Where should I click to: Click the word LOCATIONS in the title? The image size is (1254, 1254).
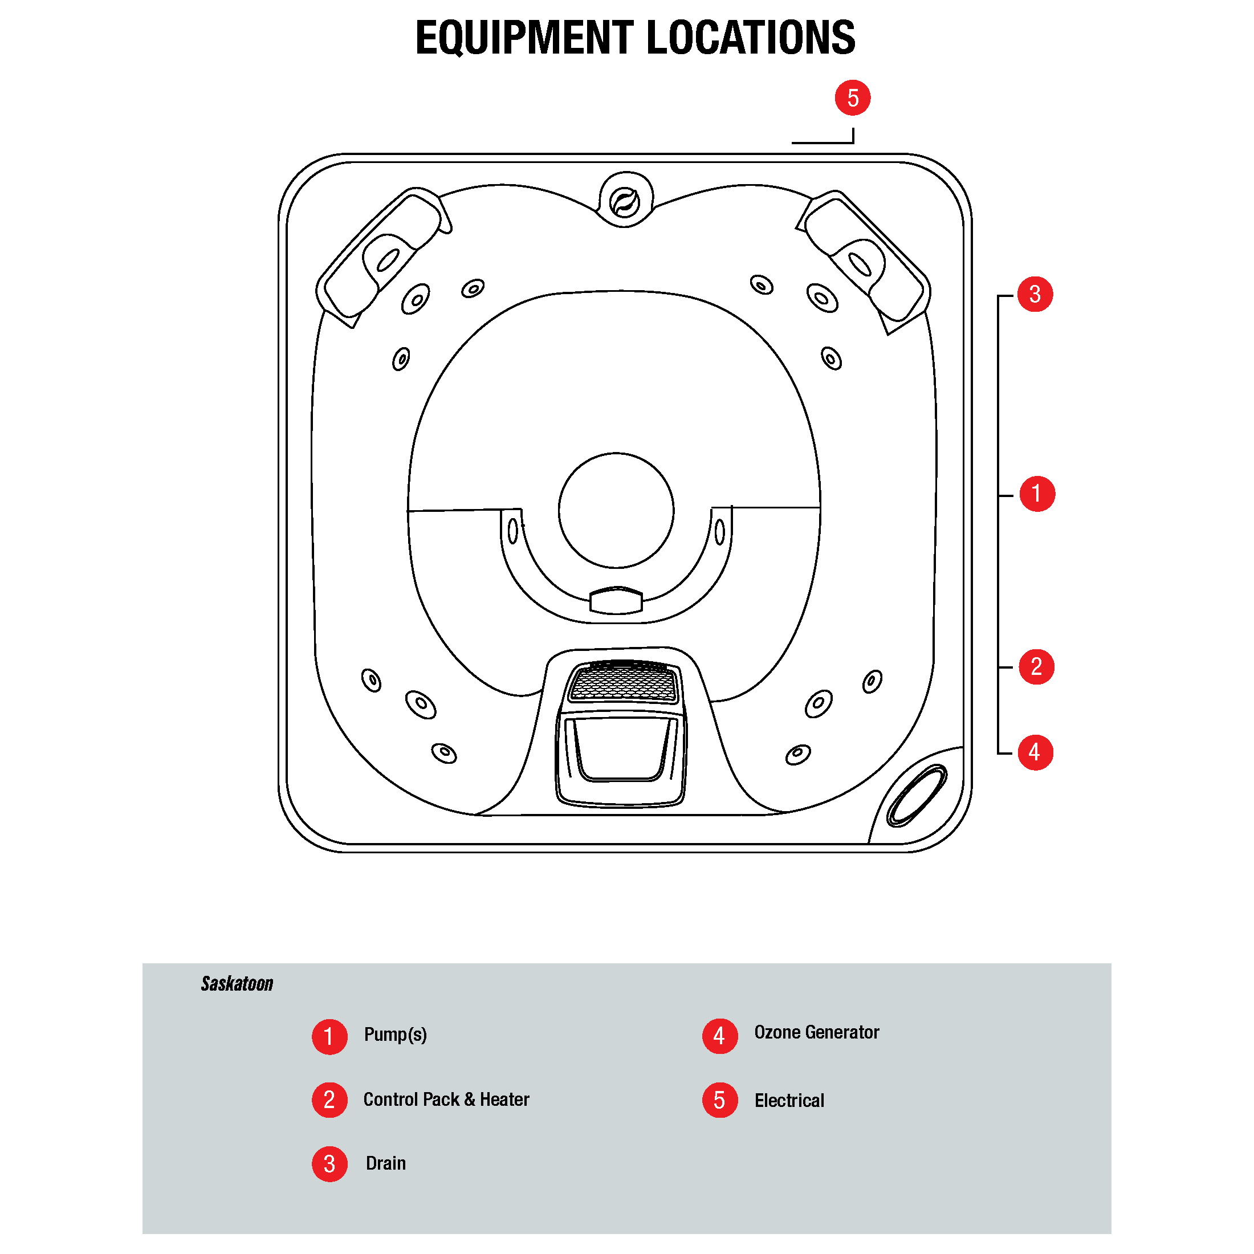751,38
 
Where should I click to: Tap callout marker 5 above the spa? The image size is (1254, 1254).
852,98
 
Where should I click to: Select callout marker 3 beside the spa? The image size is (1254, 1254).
1035,294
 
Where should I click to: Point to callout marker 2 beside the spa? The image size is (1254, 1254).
1036,666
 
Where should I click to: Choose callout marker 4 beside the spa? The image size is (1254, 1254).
1035,752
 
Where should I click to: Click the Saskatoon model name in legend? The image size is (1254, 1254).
237,984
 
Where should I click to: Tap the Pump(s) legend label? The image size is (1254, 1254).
395,1035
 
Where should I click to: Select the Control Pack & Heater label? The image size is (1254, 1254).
446,1100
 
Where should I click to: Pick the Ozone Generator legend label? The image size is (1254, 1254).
816,1033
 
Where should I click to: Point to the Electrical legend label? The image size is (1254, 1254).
789,1101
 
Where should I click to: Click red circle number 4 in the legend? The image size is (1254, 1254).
719,1036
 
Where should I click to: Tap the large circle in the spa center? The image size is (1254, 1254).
616,510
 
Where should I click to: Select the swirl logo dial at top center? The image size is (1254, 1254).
625,202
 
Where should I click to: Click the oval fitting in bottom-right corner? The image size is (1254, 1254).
917,795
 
